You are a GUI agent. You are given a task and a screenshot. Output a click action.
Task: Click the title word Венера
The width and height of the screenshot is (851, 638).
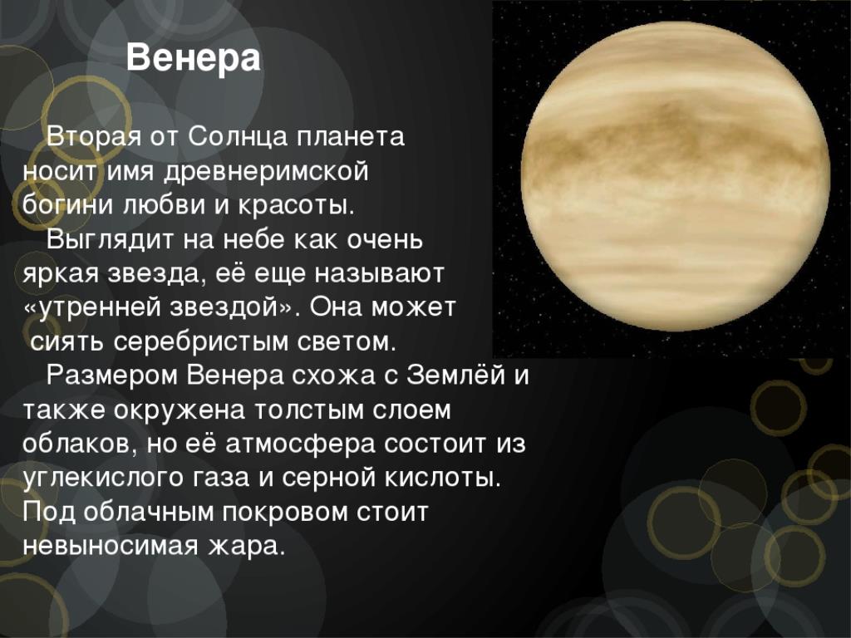tap(193, 58)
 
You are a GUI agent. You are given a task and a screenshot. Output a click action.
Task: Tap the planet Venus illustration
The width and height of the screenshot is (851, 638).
tap(675, 176)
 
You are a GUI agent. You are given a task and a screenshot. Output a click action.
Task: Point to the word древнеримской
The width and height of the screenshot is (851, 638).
tap(266, 172)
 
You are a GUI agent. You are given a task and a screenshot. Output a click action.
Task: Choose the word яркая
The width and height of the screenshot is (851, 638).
tap(60, 275)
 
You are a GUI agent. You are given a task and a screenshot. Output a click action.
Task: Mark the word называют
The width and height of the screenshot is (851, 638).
tap(379, 274)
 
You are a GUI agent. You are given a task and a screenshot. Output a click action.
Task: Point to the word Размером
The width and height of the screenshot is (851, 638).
tap(112, 375)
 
